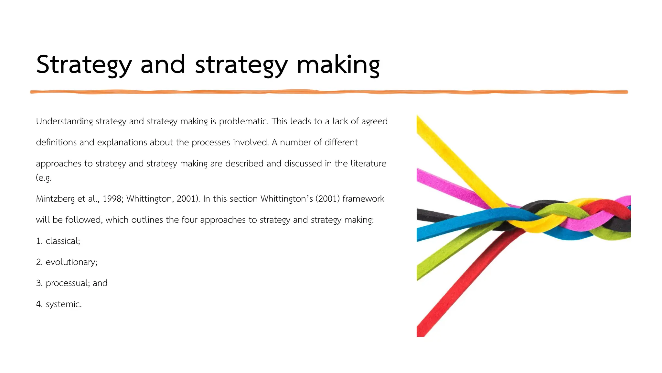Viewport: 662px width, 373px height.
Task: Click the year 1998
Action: pos(113,199)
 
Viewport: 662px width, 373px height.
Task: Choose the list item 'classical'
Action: pos(63,241)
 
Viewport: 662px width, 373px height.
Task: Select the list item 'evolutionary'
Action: pos(71,262)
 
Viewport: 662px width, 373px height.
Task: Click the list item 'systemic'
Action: pos(63,304)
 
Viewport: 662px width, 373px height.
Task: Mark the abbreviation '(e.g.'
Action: pos(44,178)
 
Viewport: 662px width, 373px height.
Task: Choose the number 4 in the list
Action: pos(39,304)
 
